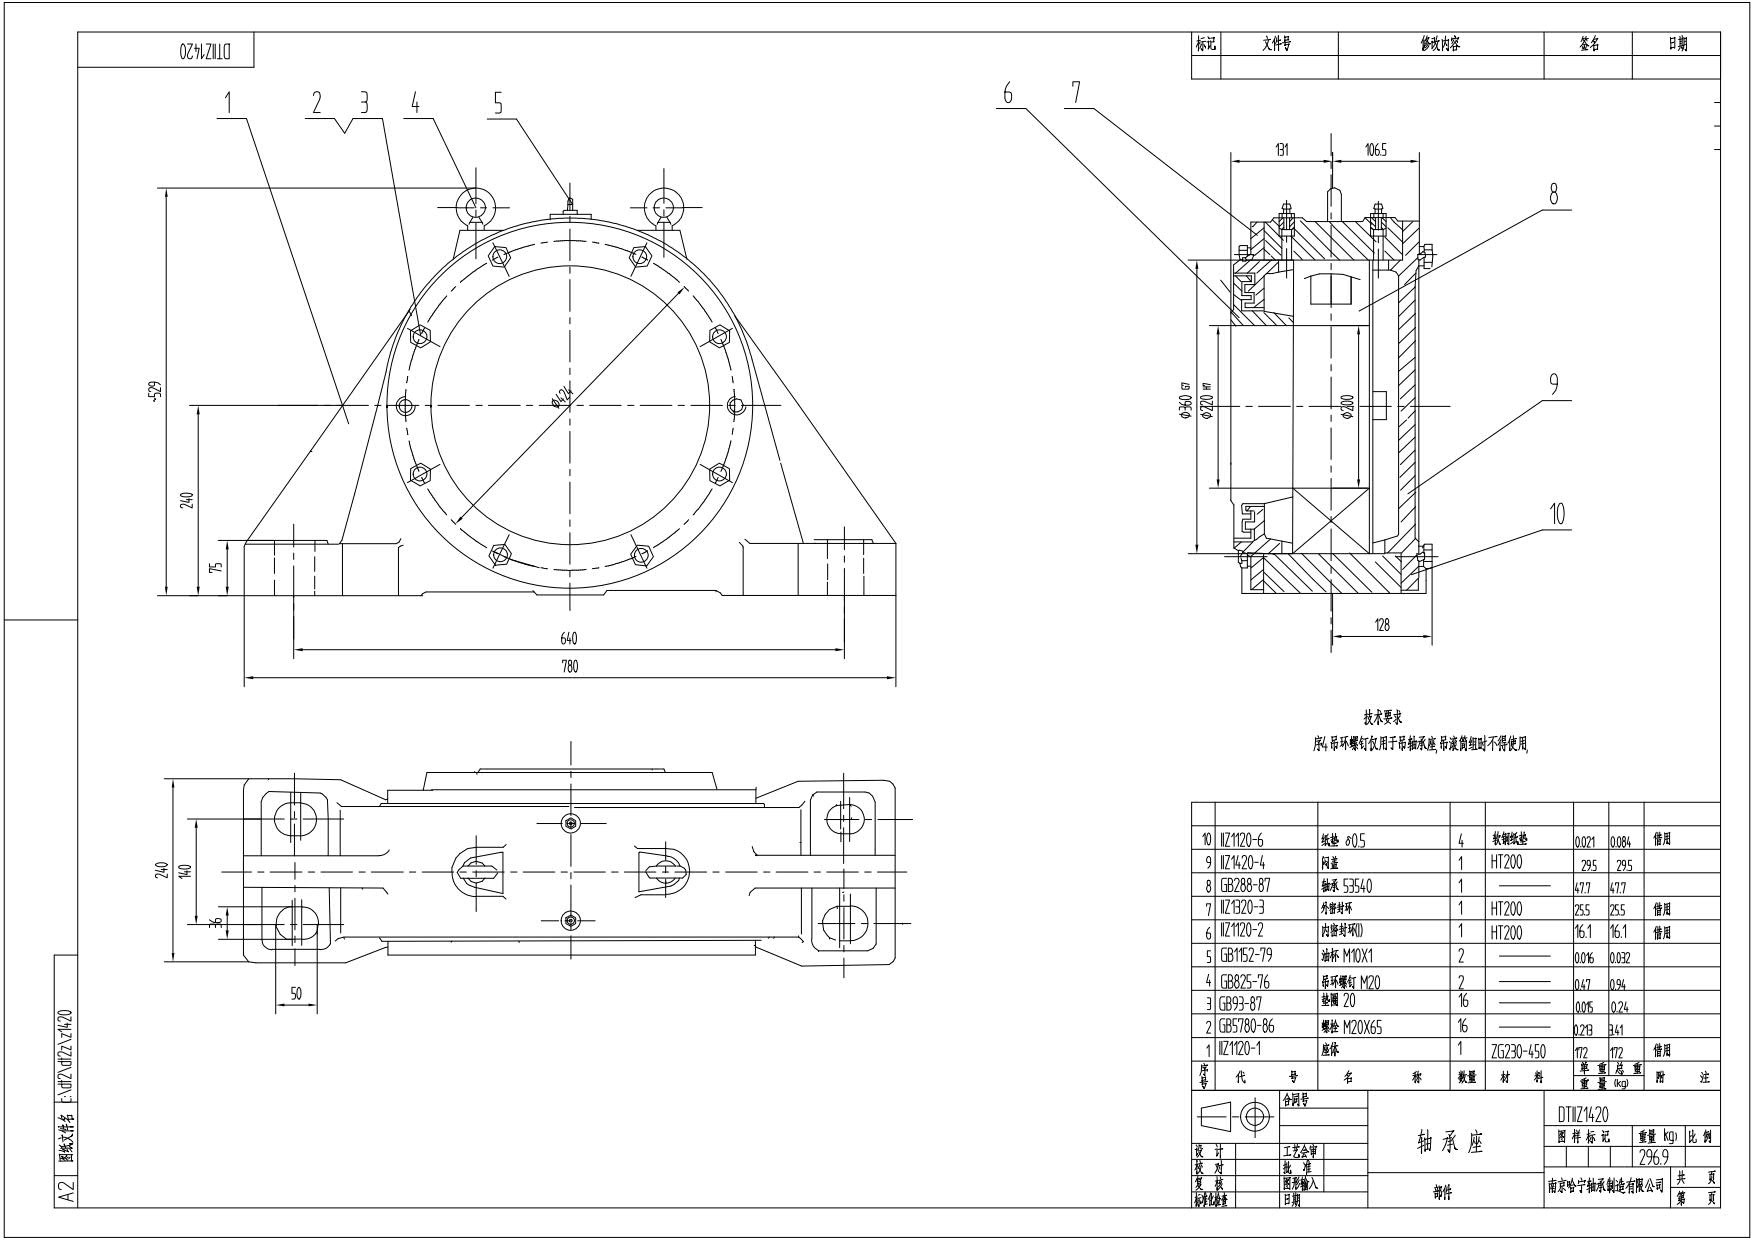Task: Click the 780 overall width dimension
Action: coord(569,667)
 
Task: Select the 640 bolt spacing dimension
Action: coord(569,639)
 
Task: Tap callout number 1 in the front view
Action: coord(229,101)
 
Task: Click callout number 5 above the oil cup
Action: coord(498,102)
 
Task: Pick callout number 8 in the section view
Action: coord(1553,194)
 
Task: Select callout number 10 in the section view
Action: coord(1556,514)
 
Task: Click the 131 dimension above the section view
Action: coord(1281,150)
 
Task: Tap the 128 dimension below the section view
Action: coord(1381,625)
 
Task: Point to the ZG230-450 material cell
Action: coord(1517,1051)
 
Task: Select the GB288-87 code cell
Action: coord(1245,886)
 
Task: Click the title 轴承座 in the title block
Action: coord(1450,1142)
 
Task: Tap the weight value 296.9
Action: coord(1656,1157)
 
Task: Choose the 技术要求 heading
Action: coord(1383,718)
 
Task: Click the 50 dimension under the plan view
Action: coord(296,993)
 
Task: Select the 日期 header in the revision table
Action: coord(1677,44)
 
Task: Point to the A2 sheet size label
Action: coord(66,1191)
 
